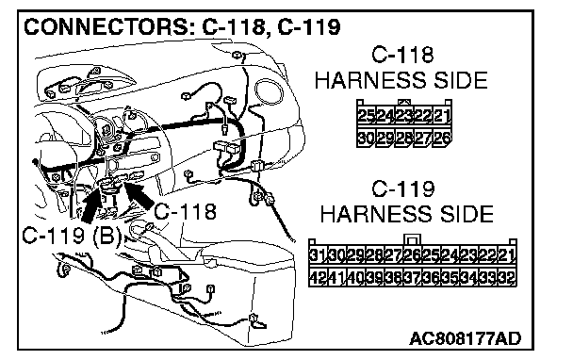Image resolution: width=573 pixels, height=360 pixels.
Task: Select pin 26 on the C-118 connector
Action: (442, 139)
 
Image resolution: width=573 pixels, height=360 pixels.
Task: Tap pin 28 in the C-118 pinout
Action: (404, 139)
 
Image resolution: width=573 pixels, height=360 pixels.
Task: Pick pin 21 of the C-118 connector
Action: (442, 116)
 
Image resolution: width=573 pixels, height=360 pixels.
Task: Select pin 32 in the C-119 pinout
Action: (506, 277)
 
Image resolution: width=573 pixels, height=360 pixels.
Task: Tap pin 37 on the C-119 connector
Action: (413, 277)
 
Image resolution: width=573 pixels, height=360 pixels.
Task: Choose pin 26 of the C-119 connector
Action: (413, 254)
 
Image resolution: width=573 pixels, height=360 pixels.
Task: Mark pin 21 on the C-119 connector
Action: (506, 254)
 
